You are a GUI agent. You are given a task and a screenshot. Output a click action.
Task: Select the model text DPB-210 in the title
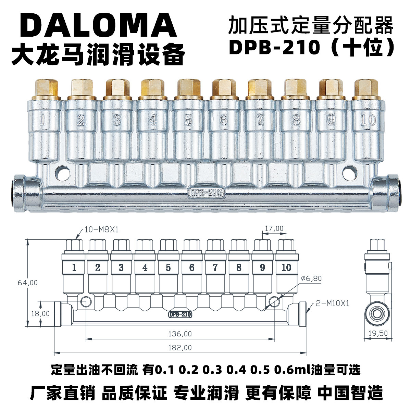(x=274, y=48)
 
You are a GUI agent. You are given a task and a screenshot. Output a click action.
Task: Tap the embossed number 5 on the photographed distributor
(x=188, y=120)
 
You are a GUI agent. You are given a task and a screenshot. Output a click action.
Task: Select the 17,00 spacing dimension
(x=274, y=228)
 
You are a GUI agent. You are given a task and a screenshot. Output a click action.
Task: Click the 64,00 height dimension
(x=27, y=283)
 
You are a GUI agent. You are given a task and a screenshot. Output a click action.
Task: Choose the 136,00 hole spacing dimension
(x=180, y=333)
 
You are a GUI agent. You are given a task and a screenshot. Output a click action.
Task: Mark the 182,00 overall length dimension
(x=180, y=347)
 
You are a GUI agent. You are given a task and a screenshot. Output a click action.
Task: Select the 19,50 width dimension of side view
(x=378, y=333)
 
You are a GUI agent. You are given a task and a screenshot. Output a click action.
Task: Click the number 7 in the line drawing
(x=215, y=267)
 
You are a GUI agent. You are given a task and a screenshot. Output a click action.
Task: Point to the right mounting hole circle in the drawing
(x=274, y=301)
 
